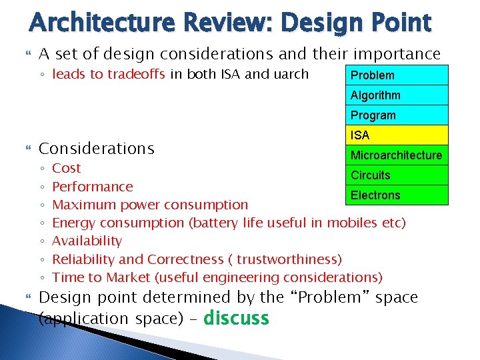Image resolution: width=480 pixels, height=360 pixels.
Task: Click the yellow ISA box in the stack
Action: [397, 135]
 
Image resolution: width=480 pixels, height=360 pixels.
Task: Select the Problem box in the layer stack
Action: [397, 75]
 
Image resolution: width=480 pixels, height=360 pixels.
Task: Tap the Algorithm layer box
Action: [397, 95]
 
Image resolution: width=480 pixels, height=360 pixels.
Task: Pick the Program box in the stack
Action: [397, 115]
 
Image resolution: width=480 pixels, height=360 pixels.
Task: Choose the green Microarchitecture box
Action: [397, 155]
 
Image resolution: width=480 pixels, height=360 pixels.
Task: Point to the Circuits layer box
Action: [397, 175]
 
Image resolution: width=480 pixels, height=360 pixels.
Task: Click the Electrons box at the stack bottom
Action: [397, 195]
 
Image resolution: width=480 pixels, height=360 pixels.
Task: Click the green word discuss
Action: [236, 317]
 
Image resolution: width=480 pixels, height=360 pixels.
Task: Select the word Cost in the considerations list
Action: [67, 168]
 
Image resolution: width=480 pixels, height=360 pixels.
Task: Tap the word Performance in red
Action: [93, 187]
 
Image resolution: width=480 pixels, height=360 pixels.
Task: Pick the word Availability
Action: [87, 241]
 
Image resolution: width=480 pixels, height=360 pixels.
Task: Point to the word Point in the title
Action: [401, 23]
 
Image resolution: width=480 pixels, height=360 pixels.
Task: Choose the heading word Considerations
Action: [97, 149]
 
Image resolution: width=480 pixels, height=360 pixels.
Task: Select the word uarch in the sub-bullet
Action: [291, 74]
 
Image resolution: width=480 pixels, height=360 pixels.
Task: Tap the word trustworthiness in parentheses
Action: [287, 259]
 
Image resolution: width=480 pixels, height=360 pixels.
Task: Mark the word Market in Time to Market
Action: [128, 277]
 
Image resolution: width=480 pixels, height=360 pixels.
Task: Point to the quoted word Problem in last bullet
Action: [330, 297]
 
